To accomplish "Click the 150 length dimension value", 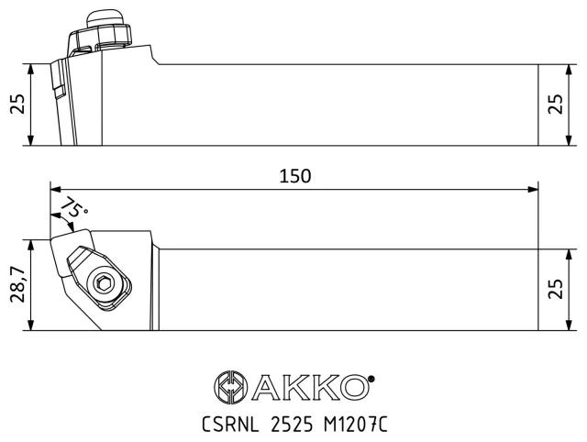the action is [x=295, y=176].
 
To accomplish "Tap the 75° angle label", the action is [x=74, y=206].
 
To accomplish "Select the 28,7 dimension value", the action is [x=17, y=285].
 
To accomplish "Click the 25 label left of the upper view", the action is [x=17, y=104].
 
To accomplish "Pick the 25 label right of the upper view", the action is [x=556, y=104].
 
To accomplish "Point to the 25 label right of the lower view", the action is [x=556, y=289].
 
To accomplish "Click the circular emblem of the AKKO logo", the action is [x=231, y=388].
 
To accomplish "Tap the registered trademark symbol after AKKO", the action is [x=371, y=379].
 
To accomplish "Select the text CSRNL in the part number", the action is [x=230, y=425].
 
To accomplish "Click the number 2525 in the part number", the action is [x=292, y=425].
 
